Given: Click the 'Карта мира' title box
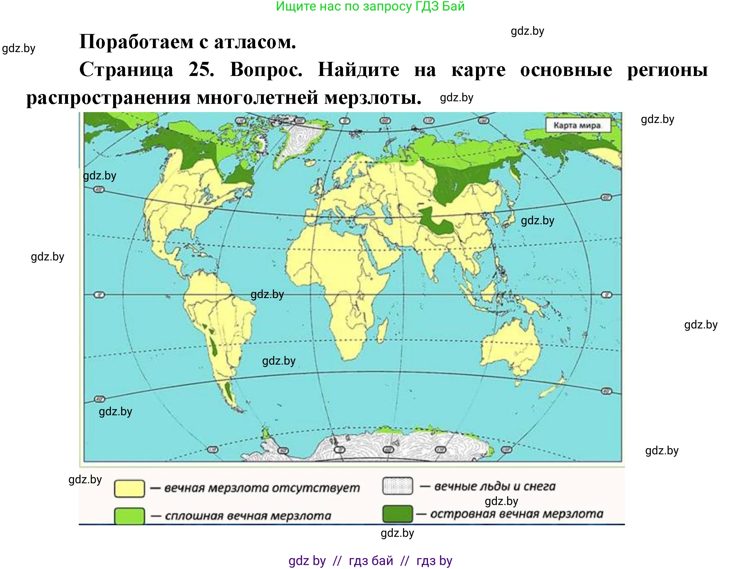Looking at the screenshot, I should [577, 126].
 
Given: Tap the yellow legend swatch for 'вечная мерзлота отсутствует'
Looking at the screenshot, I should [129, 488].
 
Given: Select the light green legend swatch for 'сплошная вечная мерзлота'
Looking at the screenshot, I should [129, 516].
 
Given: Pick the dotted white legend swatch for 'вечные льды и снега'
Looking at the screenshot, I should [398, 486].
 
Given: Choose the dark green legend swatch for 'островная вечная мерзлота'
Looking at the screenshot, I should [398, 514].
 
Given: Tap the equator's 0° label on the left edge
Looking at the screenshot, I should [99, 295].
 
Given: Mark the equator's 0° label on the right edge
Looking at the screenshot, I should [606, 295].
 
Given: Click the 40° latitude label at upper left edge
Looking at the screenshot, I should [99, 189].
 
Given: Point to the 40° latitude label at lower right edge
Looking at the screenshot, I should [606, 391].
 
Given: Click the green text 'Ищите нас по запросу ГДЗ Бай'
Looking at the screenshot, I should [370, 7].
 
